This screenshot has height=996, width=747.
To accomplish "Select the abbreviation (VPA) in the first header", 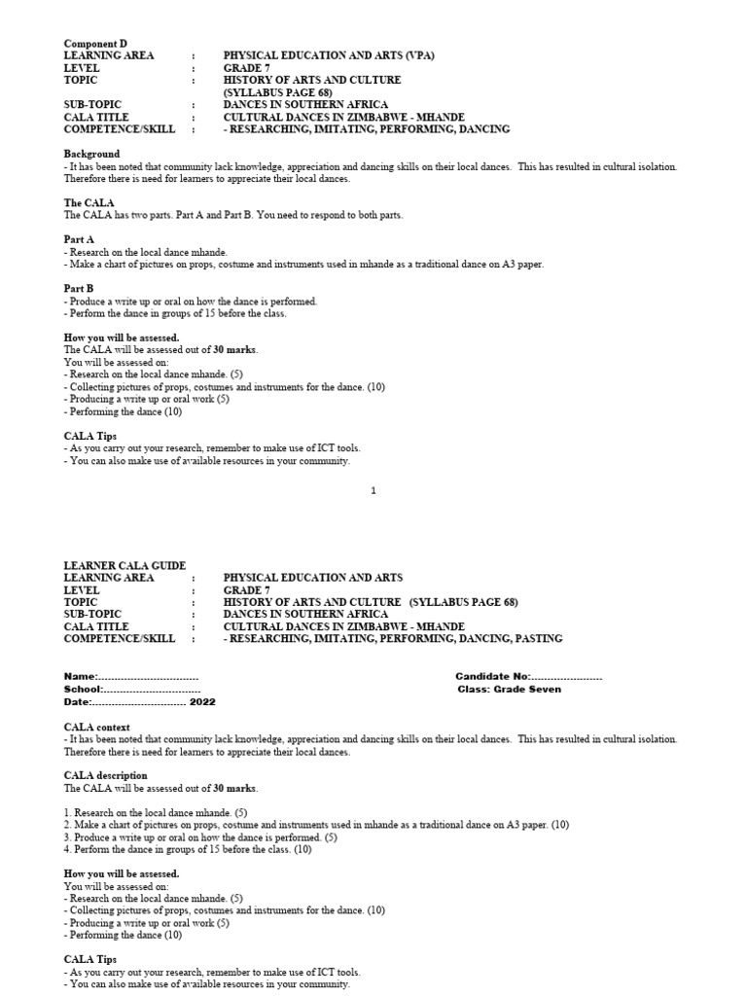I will [414, 56].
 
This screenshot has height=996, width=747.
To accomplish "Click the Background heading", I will [92, 154].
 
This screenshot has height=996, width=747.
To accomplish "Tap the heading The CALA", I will [89, 202].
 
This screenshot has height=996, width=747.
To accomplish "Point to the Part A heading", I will [80, 239].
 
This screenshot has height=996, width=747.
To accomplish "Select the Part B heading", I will [80, 289].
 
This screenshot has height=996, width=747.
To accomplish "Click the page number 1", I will [373, 491].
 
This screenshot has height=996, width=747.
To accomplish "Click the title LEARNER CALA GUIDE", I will [124, 565].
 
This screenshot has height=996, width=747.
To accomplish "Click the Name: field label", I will [81, 676].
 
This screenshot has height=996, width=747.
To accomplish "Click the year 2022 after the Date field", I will [203, 701].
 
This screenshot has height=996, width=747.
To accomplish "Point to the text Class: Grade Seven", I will [509, 689].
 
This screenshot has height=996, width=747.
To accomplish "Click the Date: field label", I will [78, 701].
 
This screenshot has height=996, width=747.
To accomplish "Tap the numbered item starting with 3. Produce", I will [200, 836].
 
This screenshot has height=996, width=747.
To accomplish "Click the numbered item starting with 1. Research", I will [155, 812].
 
